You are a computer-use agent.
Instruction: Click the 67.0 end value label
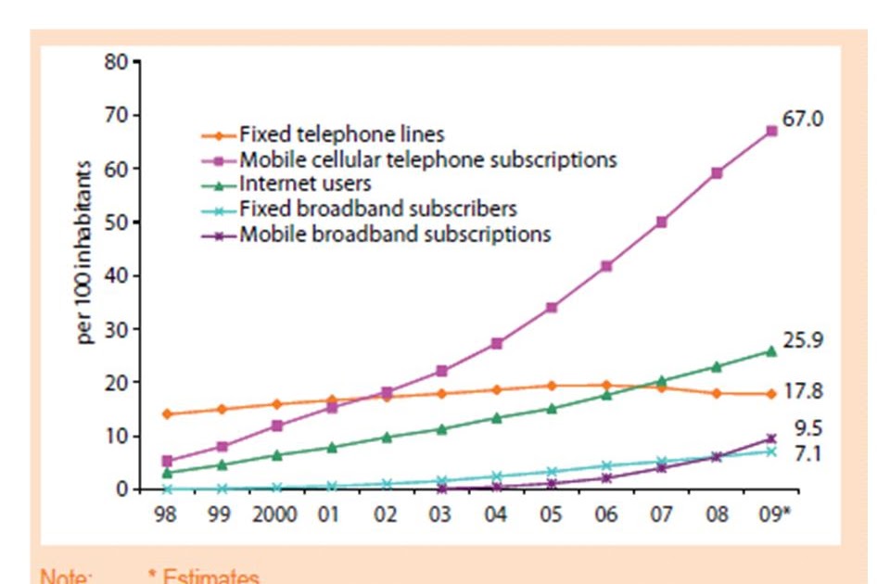(803, 120)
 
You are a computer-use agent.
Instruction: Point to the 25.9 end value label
(803, 341)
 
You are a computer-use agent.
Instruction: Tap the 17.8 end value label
(803, 391)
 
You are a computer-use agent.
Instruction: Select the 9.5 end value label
(808, 428)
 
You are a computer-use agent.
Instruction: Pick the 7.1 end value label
(808, 454)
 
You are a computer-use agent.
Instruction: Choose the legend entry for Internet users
(305, 184)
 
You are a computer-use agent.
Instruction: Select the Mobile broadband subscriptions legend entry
(395, 234)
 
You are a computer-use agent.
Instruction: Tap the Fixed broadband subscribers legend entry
(377, 209)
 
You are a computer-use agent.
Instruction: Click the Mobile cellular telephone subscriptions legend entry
(427, 159)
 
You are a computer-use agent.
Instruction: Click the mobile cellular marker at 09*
(770, 131)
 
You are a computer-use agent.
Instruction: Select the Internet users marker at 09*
(770, 350)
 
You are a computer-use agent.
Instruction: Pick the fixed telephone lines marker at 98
(166, 413)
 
